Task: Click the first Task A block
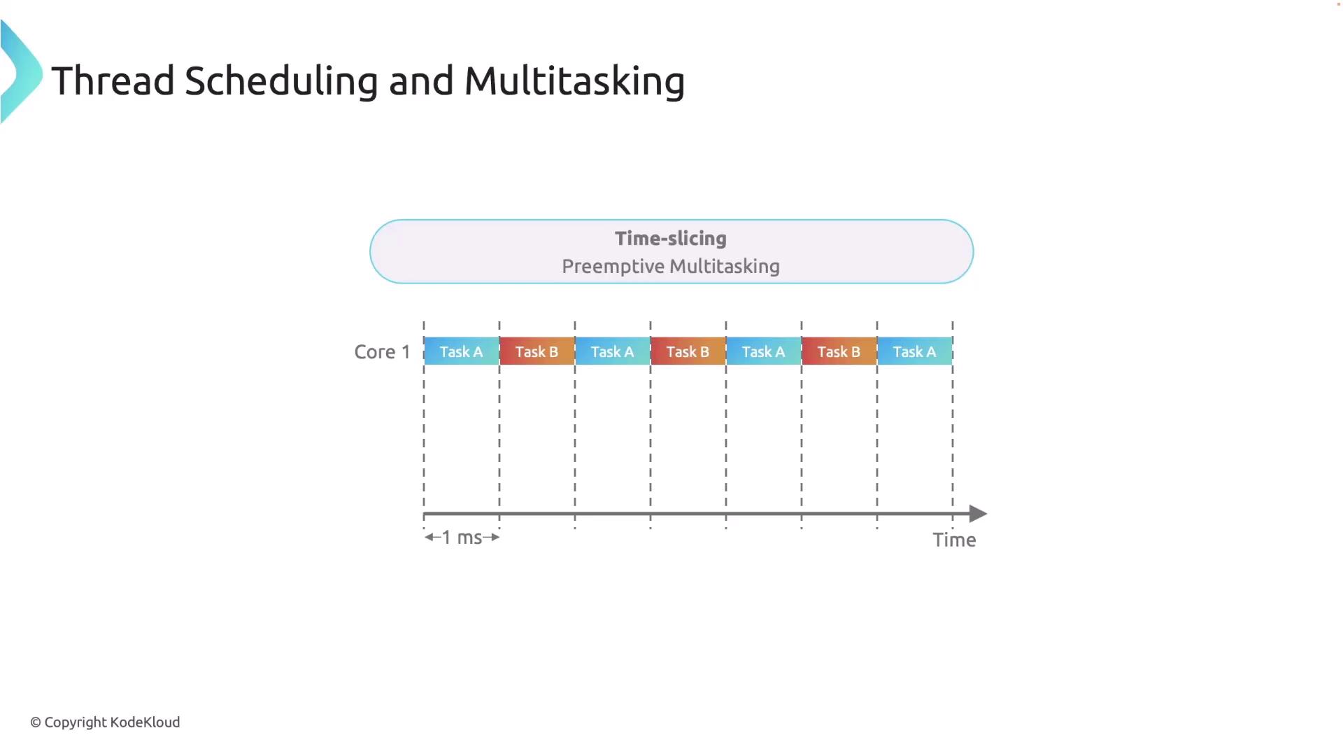[462, 351]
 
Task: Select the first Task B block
[537, 351]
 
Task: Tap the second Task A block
[613, 351]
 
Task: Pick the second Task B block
[688, 351]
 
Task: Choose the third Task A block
[764, 351]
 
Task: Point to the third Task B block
[839, 351]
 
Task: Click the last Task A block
[915, 351]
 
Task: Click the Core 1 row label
[382, 351]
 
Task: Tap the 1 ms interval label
[462, 538]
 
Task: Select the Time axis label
[954, 540]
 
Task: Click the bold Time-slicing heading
[671, 239]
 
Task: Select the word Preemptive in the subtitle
[613, 267]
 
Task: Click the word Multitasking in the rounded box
[725, 267]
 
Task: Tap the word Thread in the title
[113, 80]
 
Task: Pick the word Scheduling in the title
[281, 82]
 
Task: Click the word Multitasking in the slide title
[574, 82]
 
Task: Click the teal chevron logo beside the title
[21, 72]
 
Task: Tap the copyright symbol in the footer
[36, 722]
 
